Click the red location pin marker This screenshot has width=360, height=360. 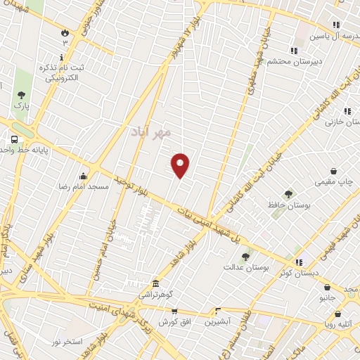pyautogui.click(x=181, y=165)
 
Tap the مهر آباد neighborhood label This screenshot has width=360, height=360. pyautogui.click(x=150, y=131)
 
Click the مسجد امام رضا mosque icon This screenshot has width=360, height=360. pyautogui.click(x=83, y=176)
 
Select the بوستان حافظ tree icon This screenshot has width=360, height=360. pyautogui.click(x=288, y=193)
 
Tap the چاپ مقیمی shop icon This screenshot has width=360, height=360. pyautogui.click(x=333, y=171)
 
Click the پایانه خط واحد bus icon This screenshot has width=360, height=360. pyautogui.click(x=14, y=139)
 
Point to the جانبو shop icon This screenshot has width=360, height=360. pyautogui.click(x=328, y=287)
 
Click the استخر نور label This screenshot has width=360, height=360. pyautogui.click(x=65, y=341)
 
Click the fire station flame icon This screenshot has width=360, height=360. pyautogui.click(x=65, y=32)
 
